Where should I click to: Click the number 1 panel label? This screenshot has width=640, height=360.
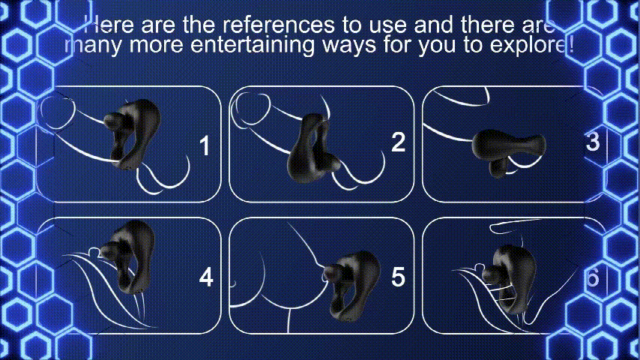pos(205,146)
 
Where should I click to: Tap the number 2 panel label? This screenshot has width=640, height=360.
pos(399,142)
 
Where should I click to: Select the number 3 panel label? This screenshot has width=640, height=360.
pos(592,142)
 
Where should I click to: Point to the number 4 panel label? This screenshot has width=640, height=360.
pos(206,277)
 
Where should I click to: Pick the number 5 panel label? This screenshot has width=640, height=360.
pos(399,277)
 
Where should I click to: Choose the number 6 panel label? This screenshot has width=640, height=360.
pos(592,277)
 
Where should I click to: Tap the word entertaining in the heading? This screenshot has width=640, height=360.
pos(253,44)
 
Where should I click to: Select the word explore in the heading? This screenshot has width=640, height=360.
pos(527,44)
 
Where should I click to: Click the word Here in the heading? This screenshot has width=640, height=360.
pos(108,25)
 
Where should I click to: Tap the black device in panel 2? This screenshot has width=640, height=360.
pos(313,148)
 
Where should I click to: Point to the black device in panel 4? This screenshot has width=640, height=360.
pos(127,256)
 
